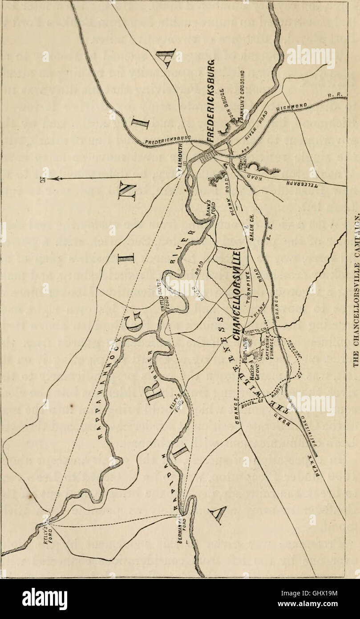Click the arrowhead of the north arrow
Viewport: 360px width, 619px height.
point(53,178)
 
